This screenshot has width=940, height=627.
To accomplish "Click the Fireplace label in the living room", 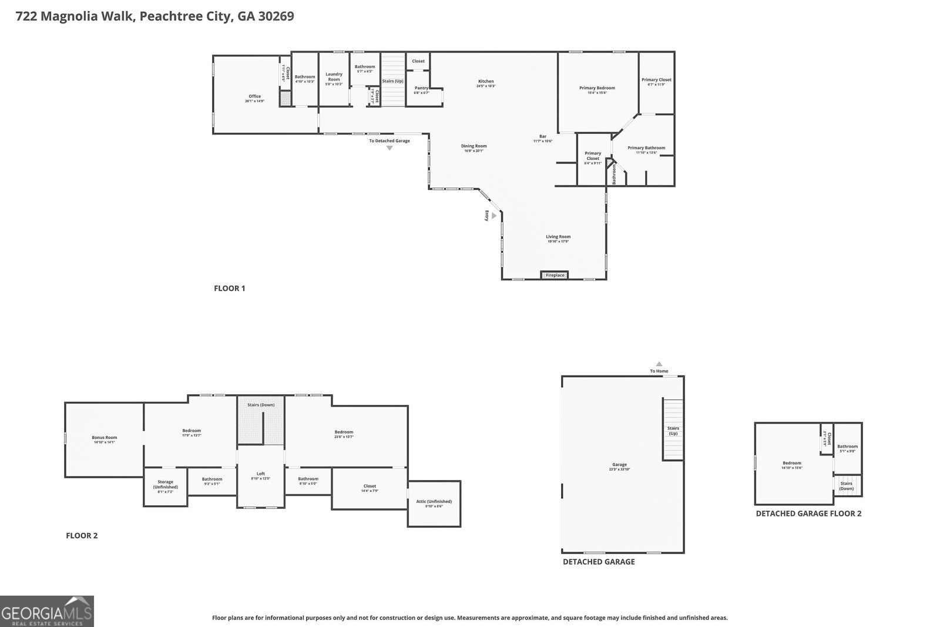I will (x=555, y=275).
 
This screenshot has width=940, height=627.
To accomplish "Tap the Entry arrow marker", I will (x=494, y=216).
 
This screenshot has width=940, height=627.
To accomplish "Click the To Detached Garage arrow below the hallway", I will (x=390, y=148).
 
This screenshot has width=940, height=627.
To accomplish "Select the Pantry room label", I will (x=421, y=88).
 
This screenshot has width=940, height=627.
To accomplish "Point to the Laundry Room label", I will (x=334, y=76).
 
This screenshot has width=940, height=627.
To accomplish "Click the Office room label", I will (x=254, y=96).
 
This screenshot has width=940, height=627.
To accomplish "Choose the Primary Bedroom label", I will (x=597, y=88).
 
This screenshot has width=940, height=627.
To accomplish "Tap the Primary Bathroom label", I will (x=646, y=148).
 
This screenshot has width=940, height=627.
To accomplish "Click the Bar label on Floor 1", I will (x=543, y=136).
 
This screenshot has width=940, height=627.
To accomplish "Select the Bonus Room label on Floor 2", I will (x=105, y=437).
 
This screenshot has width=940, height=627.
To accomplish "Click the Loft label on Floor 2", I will (x=261, y=474).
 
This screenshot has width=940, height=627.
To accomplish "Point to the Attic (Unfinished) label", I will (x=434, y=501).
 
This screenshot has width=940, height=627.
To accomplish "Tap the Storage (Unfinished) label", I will (x=165, y=484).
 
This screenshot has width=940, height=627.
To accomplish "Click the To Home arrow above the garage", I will (x=659, y=364).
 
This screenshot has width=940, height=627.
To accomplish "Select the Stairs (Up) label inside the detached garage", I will (x=673, y=430).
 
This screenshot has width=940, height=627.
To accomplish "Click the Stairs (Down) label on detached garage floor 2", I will (x=846, y=485).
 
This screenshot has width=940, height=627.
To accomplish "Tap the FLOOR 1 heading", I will (x=229, y=288).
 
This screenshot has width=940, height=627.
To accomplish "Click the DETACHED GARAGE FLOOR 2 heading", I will (x=808, y=513).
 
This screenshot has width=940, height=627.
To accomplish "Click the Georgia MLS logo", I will (x=47, y=611).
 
